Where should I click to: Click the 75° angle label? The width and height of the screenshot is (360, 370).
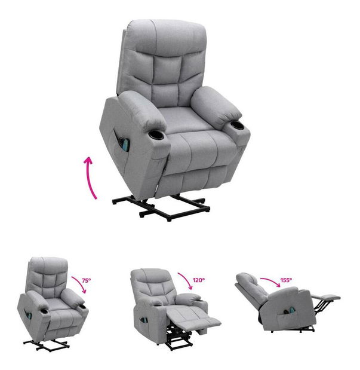(x=87, y=280)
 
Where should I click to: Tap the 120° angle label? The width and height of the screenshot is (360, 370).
(x=198, y=280)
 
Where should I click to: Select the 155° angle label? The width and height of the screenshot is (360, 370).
(x=286, y=280)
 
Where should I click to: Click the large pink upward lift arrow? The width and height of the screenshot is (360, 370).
(x=90, y=178)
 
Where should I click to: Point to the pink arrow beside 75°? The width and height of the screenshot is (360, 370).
(x=80, y=284)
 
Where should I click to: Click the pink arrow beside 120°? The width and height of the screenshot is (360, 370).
(x=187, y=280)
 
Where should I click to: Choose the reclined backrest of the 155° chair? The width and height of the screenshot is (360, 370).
(x=253, y=289)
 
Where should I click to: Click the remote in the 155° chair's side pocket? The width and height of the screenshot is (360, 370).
(x=289, y=310)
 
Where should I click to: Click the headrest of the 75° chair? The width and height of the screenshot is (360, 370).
(x=48, y=266)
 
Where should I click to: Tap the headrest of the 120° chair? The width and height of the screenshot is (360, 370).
(x=151, y=276)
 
